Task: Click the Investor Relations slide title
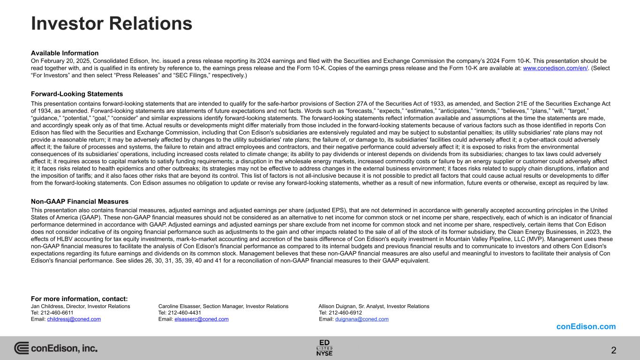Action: [112, 23]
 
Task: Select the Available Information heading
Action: [65, 53]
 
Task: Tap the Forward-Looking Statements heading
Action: [77, 94]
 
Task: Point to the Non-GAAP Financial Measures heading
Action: [80, 202]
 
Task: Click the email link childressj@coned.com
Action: [74, 319]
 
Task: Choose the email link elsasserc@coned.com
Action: [202, 319]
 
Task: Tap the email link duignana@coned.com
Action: [362, 319]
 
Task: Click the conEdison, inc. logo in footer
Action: [56, 348]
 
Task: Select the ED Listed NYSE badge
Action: [324, 347]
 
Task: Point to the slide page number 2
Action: [614, 350]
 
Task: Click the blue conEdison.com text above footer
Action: [586, 327]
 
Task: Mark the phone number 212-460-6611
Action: [57, 313]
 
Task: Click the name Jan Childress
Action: [48, 306]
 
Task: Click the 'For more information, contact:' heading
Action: [79, 299]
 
